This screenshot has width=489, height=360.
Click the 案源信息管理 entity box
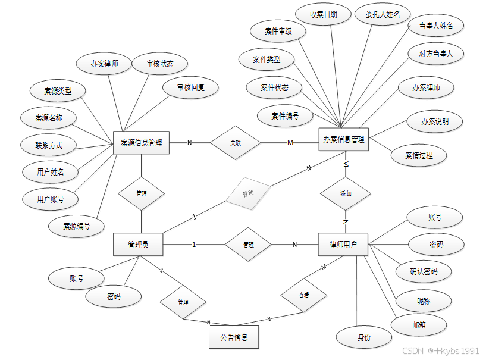141,143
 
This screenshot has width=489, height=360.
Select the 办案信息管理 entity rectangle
343,139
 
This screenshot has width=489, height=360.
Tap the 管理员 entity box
138,245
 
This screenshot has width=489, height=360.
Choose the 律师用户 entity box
343,245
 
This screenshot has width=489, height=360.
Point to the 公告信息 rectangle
234,337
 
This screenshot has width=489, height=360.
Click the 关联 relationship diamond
236,143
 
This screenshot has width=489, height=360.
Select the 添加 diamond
346,193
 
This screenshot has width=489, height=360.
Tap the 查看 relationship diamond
303,295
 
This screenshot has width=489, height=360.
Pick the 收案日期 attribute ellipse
324,14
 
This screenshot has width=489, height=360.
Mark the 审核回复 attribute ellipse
190,88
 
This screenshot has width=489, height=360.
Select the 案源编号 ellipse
77,226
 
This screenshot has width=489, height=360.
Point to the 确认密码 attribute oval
424,271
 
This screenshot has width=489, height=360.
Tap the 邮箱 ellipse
419,325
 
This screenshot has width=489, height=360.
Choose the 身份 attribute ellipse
364,337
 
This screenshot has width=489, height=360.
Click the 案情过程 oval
419,155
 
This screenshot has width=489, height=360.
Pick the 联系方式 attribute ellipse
48,145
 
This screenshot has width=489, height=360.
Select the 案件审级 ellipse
278,31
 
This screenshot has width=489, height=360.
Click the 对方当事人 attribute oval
436,54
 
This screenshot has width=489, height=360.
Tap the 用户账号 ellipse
50,199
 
